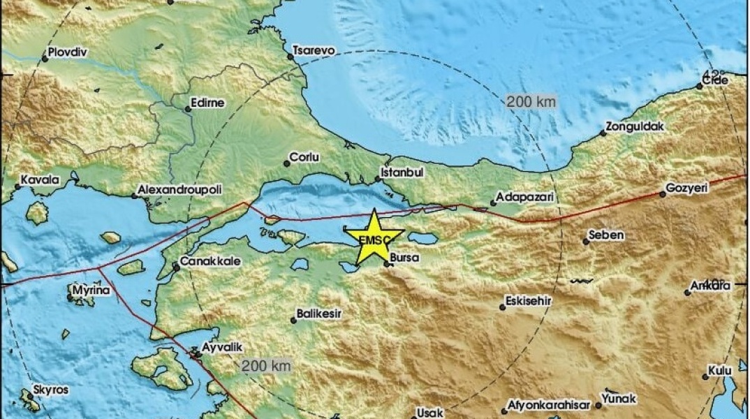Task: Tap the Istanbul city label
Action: (402, 171)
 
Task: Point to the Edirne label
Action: (208, 103)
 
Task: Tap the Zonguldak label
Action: (635, 126)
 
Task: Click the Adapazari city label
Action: (526, 198)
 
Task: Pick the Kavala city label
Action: (41, 180)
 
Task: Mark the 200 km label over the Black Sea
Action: (531, 102)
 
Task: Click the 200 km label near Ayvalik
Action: (266, 366)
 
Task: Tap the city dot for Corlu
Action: (286, 163)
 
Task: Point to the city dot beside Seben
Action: (586, 242)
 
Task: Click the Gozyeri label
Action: (687, 189)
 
